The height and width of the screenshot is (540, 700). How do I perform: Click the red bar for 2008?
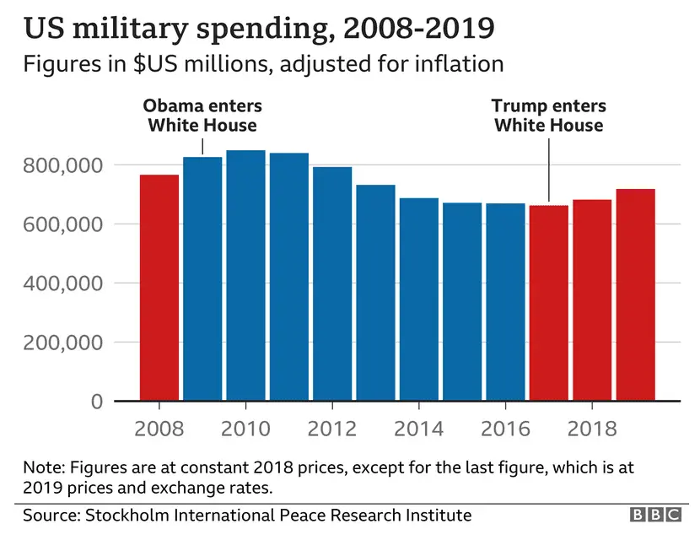(159, 288)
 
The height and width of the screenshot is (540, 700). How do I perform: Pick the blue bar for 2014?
(419, 300)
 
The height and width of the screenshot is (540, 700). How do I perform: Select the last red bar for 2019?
(635, 294)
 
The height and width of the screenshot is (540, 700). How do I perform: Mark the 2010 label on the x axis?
(245, 429)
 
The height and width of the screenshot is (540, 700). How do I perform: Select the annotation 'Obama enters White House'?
(202, 116)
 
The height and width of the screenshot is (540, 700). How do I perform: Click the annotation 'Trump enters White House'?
(549, 116)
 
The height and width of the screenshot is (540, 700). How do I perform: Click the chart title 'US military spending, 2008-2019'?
(260, 30)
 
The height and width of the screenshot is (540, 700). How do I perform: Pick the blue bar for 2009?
(202, 279)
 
